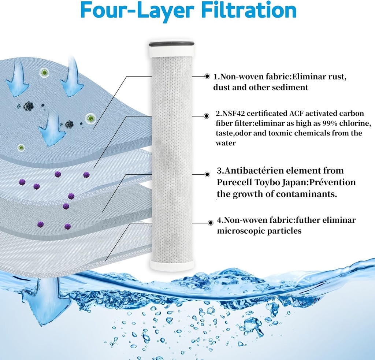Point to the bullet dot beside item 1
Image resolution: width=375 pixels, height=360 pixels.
207,77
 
